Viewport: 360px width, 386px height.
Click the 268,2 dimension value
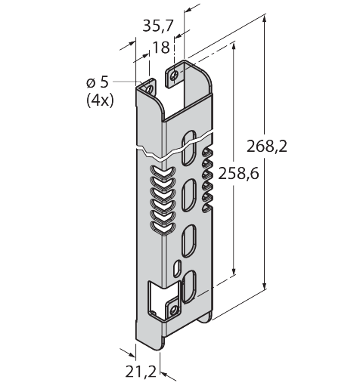point(267,147)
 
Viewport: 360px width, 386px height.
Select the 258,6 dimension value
point(238,174)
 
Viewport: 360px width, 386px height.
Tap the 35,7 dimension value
point(158,26)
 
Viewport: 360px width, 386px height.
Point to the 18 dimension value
point(161,48)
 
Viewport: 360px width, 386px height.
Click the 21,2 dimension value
point(141,372)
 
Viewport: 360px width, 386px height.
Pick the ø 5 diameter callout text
point(98,83)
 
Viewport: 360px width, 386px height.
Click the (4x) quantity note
point(100,101)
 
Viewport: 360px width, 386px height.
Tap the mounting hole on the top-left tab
point(150,89)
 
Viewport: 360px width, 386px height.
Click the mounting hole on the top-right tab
point(174,75)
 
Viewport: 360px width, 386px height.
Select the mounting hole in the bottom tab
point(173,310)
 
